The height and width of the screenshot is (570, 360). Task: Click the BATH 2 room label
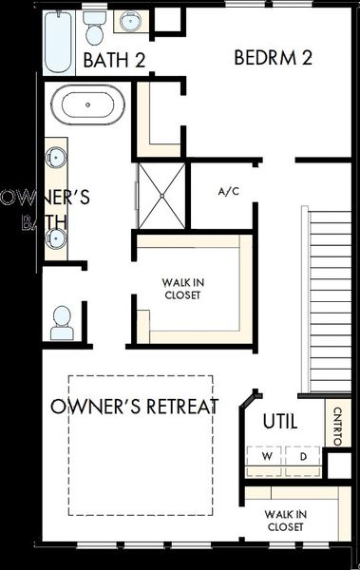(x=115, y=61)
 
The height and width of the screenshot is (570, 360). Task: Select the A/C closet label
(x=228, y=192)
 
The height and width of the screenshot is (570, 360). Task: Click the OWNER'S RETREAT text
(x=135, y=408)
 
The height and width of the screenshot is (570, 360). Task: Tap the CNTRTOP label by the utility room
(x=338, y=426)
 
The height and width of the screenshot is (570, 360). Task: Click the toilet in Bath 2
(x=93, y=28)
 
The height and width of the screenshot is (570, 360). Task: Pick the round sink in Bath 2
(x=130, y=22)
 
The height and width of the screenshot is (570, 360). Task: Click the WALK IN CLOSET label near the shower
(x=181, y=287)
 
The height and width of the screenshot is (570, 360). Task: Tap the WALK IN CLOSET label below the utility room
(x=285, y=520)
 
